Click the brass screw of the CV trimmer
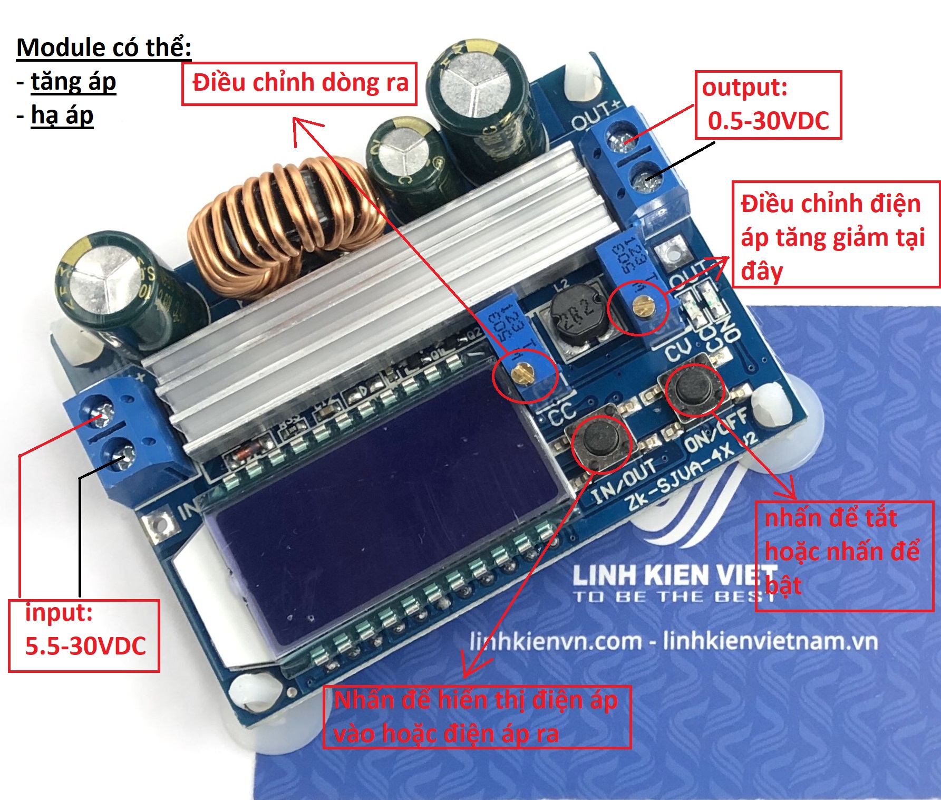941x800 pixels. (639, 304)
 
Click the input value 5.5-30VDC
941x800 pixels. (85, 647)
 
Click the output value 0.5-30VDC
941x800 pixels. (768, 121)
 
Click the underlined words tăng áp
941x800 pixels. (73, 82)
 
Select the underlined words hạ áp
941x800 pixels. (62, 115)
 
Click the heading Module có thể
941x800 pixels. (104, 47)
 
